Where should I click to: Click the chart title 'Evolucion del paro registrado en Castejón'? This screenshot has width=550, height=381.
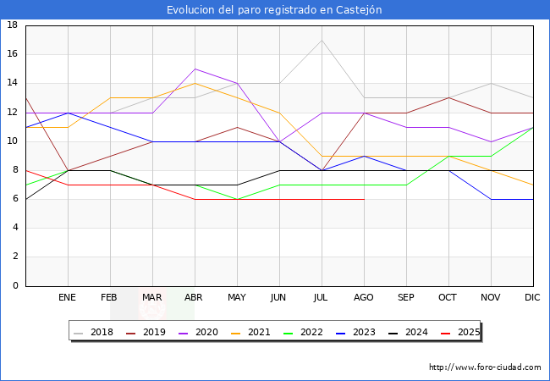(274, 10)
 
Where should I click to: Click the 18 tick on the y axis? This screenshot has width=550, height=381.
(13, 25)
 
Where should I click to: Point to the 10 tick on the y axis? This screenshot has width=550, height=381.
(13, 141)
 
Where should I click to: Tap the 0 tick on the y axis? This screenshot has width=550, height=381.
(15, 286)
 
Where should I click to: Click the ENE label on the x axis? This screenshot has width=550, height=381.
(68, 298)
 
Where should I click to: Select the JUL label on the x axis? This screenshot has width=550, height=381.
(322, 298)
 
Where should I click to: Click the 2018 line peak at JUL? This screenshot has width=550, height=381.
(322, 40)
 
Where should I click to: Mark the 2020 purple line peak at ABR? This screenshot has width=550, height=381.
(195, 69)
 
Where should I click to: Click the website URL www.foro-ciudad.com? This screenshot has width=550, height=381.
(485, 367)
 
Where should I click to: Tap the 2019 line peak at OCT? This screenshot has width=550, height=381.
(448, 97)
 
